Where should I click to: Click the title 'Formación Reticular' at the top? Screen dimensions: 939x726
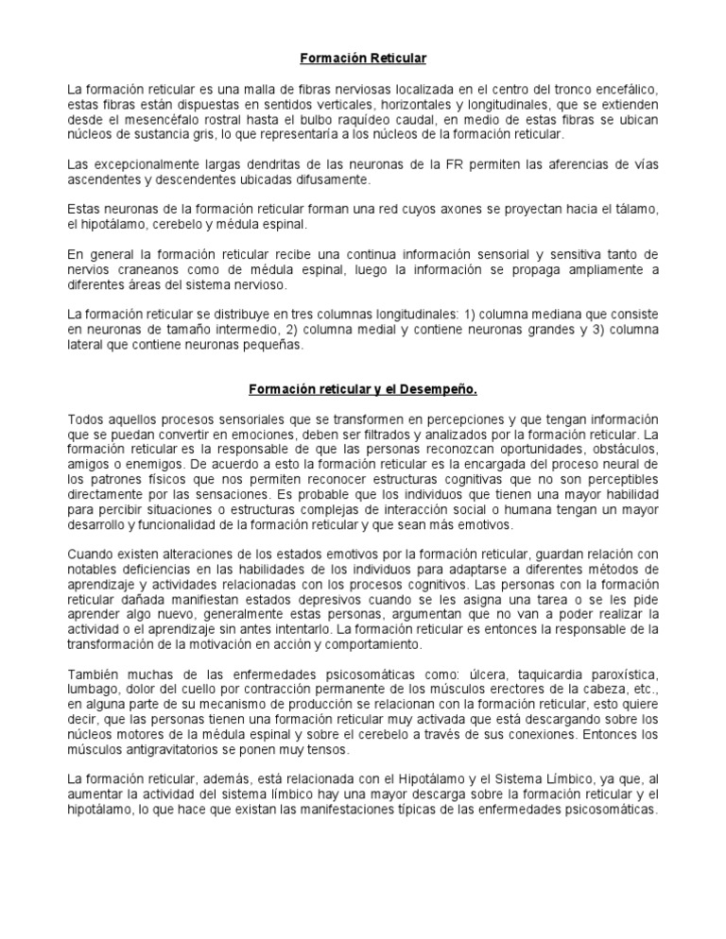coord(363,59)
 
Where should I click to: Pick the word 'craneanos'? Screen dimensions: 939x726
coord(142,269)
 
